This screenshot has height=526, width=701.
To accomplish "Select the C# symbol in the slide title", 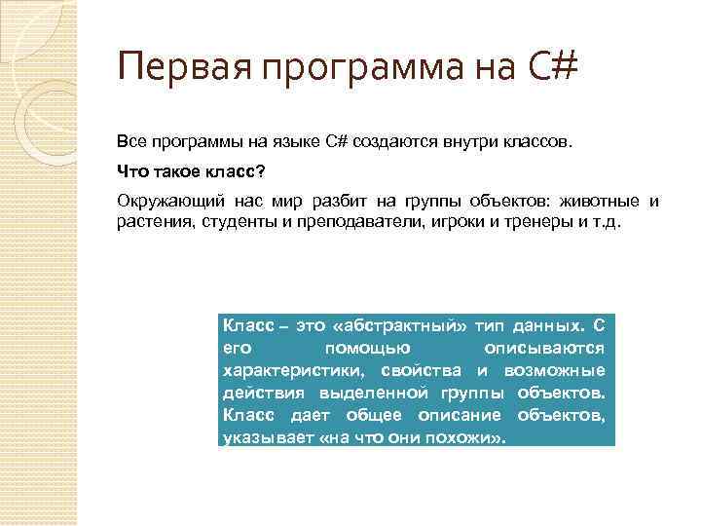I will [555, 69].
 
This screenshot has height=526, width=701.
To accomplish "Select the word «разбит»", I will [344, 202].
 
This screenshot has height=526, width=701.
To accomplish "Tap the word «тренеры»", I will [524, 221].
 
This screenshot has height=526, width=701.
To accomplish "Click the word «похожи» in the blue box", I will [460, 437].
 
